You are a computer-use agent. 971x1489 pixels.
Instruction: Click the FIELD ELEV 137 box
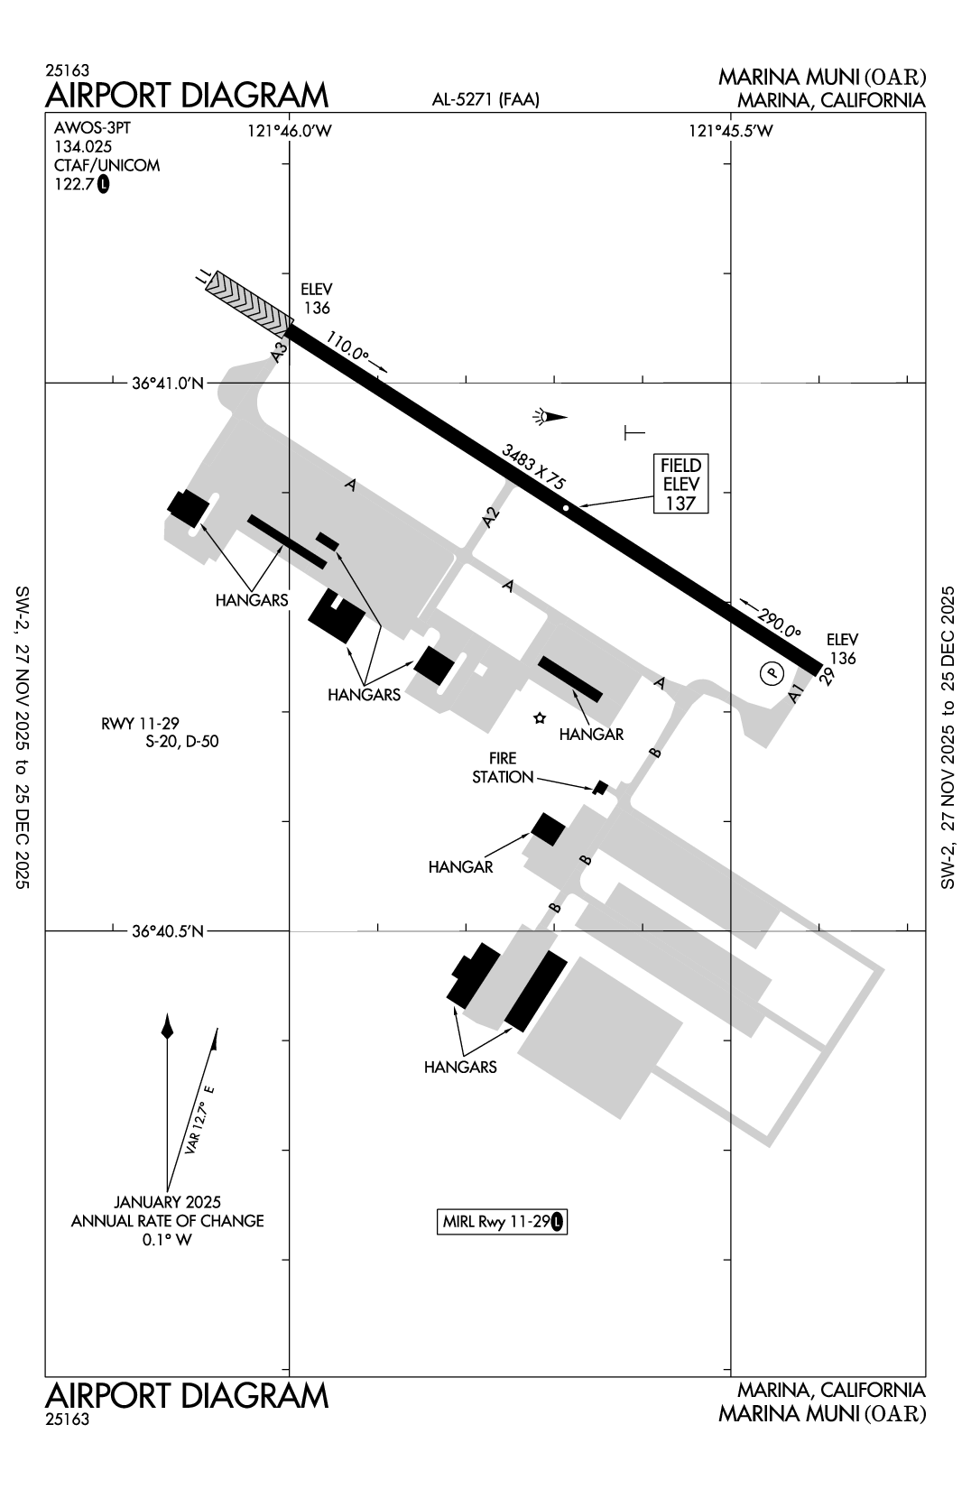pyautogui.click(x=680, y=484)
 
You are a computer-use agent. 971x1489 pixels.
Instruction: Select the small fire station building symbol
pyautogui.click(x=600, y=788)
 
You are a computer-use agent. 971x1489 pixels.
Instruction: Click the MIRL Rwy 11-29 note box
pyautogui.click(x=503, y=1223)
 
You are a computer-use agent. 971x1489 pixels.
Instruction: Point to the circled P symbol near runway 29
pyautogui.click(x=770, y=672)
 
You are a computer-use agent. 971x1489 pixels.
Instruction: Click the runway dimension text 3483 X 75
pyautogui.click(x=534, y=467)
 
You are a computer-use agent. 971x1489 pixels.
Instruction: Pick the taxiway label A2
pyautogui.click(x=490, y=518)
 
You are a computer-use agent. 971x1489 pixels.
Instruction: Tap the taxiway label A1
pyautogui.click(x=795, y=693)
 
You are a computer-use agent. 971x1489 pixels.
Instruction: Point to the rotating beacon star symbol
pyautogui.click(x=540, y=718)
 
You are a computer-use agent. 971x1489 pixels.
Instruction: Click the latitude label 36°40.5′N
pyautogui.click(x=169, y=930)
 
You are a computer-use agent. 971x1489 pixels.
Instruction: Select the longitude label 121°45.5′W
pyautogui.click(x=731, y=132)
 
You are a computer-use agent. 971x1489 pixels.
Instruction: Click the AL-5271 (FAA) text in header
pyautogui.click(x=485, y=101)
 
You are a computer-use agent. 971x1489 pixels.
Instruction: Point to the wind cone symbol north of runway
pyautogui.click(x=549, y=417)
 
